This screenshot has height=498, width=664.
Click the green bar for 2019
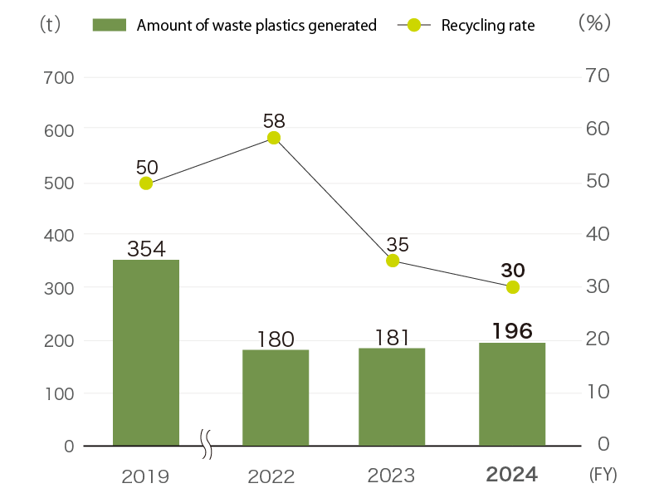click(146, 353)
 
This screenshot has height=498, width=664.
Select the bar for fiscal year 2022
click(276, 398)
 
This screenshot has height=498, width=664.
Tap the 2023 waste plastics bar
click(393, 397)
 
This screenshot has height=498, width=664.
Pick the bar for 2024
click(512, 394)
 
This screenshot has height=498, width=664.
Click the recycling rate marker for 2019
click(146, 183)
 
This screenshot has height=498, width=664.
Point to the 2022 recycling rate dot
click(274, 138)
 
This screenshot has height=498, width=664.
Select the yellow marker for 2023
click(393, 261)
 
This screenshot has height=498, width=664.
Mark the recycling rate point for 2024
click(513, 287)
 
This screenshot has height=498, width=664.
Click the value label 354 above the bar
click(146, 248)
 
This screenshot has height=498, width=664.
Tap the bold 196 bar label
click(512, 330)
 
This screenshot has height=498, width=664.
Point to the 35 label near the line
click(398, 244)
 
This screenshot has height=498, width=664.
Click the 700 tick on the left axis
click(58, 78)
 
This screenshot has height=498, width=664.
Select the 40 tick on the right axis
click(598, 235)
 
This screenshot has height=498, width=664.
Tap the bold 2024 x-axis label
click(512, 475)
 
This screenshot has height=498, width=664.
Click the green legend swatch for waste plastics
click(109, 25)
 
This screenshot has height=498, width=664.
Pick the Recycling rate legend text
click(488, 26)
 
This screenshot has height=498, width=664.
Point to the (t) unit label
click(50, 24)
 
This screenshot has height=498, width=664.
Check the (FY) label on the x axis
click(603, 475)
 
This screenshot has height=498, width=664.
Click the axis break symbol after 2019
click(207, 445)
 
